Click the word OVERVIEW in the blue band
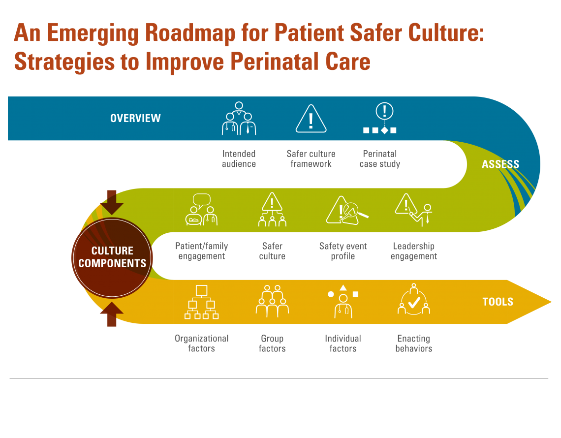(135, 118)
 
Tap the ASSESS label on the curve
(500, 164)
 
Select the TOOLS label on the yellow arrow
(498, 302)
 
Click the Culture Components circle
(112, 257)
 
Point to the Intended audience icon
(239, 119)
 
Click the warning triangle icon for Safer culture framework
(311, 119)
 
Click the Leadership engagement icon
(413, 210)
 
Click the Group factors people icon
(272, 301)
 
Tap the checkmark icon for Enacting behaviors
(413, 301)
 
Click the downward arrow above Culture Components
(112, 202)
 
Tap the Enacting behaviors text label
(414, 344)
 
